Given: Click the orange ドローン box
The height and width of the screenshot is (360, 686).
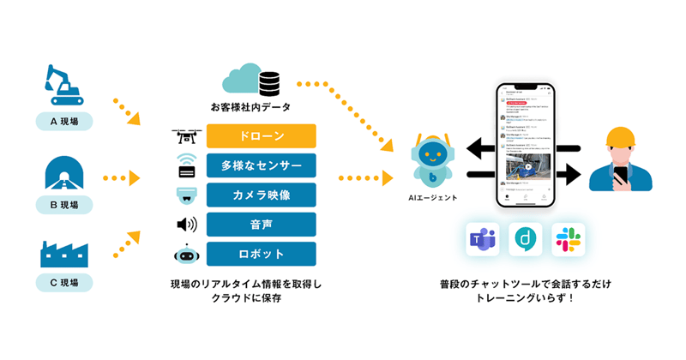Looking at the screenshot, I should pos(262,136).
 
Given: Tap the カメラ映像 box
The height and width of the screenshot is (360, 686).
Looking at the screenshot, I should pos(262,195).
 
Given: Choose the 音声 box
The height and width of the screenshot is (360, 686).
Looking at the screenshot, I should pos(262,225).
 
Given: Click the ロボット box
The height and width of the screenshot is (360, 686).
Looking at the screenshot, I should pos(262,254).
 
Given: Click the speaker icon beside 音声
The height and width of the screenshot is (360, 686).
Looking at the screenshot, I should pos(186,225).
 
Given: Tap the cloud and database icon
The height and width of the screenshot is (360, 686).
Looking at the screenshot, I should pos(250,80).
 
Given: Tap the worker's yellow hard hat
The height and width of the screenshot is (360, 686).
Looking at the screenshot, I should pos(620,136).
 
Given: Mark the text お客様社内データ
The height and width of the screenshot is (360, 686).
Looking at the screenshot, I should pos(250,108).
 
